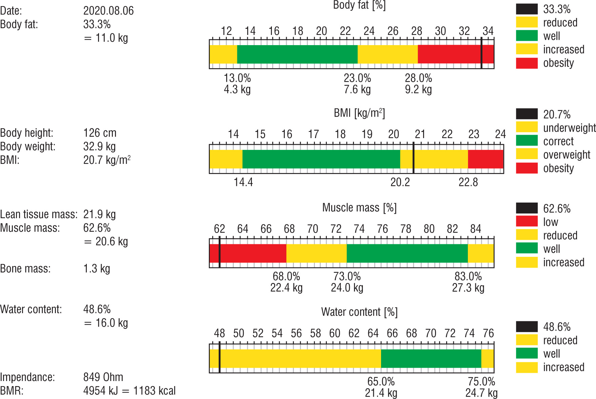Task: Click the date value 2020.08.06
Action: click(x=108, y=11)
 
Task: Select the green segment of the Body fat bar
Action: click(x=297, y=54)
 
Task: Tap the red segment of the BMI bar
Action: click(x=485, y=159)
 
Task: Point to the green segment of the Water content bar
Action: click(x=431, y=359)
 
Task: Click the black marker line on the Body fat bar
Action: click(x=481, y=54)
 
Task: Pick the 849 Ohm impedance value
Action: click(x=103, y=377)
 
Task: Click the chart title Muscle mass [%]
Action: click(x=359, y=208)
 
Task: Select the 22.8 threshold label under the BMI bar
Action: click(x=468, y=183)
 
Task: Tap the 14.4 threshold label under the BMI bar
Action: click(x=243, y=183)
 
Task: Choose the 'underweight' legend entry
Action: click(x=569, y=128)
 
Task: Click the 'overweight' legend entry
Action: click(x=567, y=155)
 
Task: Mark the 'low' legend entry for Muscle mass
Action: click(x=551, y=222)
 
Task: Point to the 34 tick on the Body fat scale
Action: click(x=488, y=31)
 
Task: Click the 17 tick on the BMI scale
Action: click(x=313, y=134)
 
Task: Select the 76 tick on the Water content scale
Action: click(x=488, y=333)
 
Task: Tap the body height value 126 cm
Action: click(x=100, y=133)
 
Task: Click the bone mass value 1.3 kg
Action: click(x=97, y=269)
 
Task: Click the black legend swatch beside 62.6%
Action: click(x=527, y=208)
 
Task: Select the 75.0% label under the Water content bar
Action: click(x=481, y=381)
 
